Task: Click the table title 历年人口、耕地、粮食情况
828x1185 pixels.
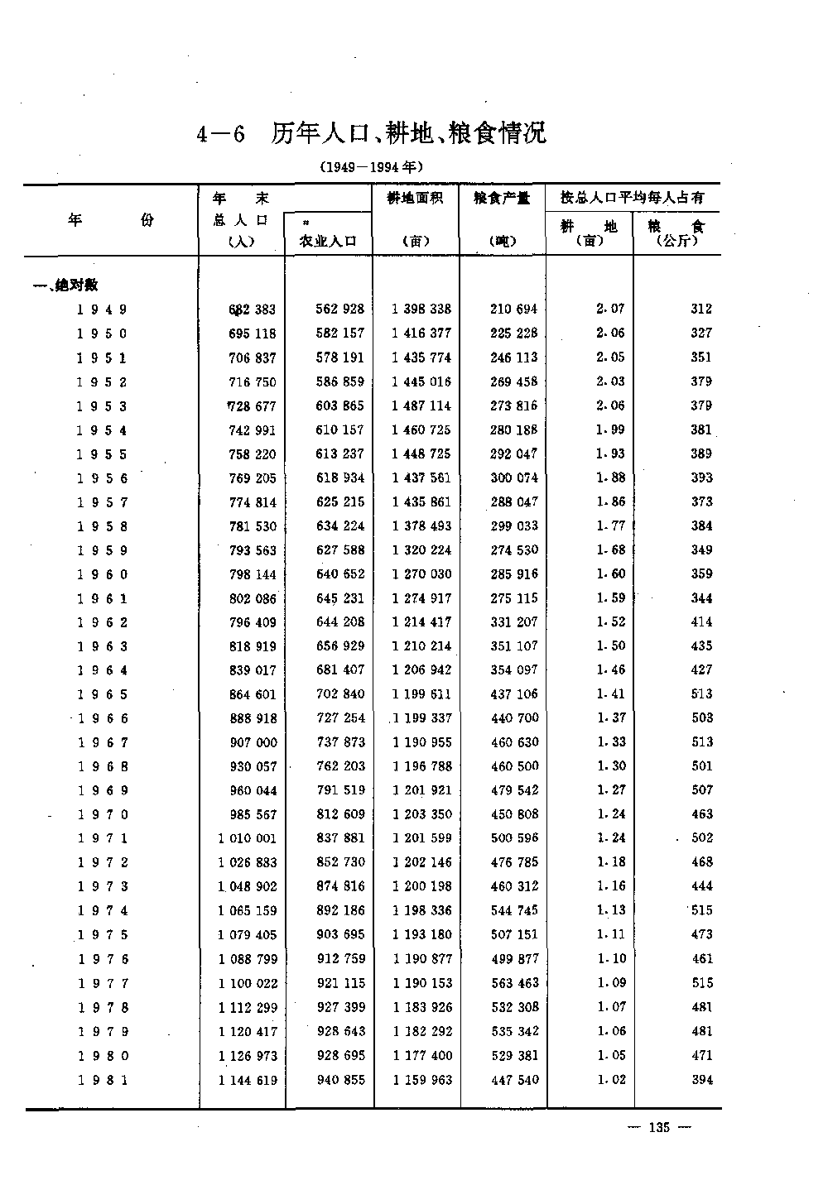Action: click(409, 132)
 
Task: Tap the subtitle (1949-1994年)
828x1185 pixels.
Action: click(372, 166)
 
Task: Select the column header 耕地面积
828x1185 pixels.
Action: click(416, 198)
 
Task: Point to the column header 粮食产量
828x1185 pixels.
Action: click(503, 198)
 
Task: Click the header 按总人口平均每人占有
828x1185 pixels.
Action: click(633, 198)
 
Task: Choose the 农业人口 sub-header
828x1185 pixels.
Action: click(328, 241)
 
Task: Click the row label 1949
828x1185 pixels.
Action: click(102, 309)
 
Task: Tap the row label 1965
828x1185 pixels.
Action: click(102, 694)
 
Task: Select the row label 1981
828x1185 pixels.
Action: click(102, 1080)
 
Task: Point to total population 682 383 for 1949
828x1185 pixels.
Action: click(252, 309)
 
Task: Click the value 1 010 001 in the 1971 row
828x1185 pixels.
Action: click(247, 838)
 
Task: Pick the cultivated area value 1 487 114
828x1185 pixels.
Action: click(421, 405)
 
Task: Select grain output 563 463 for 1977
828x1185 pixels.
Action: click(513, 983)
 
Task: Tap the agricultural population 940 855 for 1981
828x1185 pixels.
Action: click(340, 1080)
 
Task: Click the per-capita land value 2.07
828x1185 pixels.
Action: click(610, 309)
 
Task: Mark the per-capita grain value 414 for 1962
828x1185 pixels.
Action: click(701, 621)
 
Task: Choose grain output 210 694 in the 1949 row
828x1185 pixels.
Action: click(513, 309)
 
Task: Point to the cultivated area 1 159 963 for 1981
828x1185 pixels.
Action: click(421, 1080)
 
